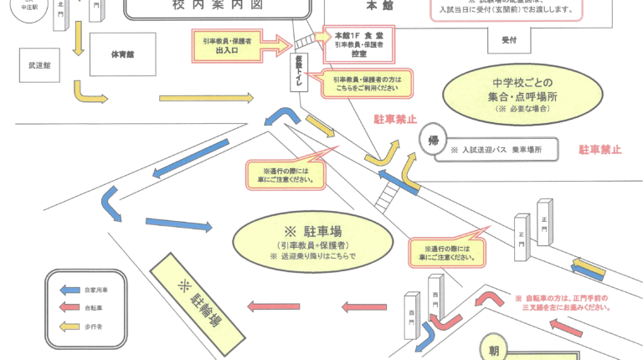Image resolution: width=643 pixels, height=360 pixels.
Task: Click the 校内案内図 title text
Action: click(217, 7)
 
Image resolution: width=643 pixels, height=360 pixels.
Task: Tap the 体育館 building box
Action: click(123, 54)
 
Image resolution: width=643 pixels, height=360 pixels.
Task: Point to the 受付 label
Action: click(509, 40)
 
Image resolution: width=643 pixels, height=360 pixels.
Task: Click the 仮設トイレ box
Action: click(298, 69)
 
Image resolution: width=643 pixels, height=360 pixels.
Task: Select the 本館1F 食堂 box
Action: click(358, 44)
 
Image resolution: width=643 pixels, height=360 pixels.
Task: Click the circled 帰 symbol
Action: click(432, 140)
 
